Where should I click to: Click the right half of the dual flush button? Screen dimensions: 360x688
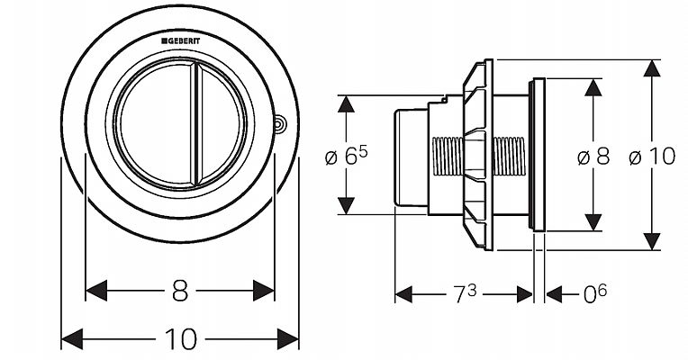coord(220,125)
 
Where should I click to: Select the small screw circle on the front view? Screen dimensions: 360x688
coord(280,124)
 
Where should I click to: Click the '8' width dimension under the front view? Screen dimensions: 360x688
coord(180,290)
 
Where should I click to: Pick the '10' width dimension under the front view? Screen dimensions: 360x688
coord(180,338)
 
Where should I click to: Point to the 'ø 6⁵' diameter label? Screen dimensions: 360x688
coord(346,156)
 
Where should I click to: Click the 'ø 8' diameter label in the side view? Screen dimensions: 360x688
coord(593,156)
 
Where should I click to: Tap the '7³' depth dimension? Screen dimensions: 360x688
coord(465,294)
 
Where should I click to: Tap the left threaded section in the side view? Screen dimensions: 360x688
coord(448,155)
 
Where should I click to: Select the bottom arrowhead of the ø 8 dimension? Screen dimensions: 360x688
coord(593,222)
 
